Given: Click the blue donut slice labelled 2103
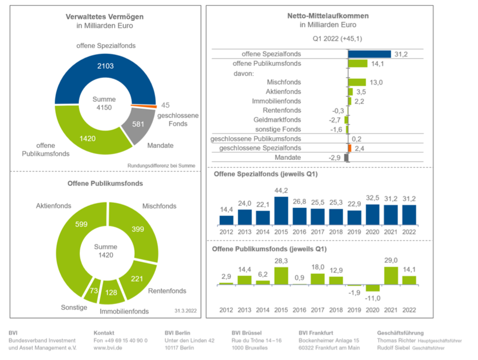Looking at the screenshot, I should click(104, 66).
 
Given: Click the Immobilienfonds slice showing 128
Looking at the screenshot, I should click(111, 292).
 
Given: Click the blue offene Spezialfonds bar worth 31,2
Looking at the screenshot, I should click(369, 54).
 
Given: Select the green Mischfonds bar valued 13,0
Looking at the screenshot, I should click(357, 82).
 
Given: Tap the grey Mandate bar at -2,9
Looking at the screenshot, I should click(346, 157).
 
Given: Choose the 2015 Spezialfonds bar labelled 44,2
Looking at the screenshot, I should click(281, 210).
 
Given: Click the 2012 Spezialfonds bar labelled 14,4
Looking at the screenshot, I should click(226, 219).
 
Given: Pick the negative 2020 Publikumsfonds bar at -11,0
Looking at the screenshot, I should click(372, 288).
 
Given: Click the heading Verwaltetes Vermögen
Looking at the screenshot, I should click(105, 16).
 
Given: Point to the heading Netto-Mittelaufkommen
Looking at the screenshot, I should click(328, 16).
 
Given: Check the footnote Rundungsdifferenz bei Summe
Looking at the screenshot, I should click(161, 166).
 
